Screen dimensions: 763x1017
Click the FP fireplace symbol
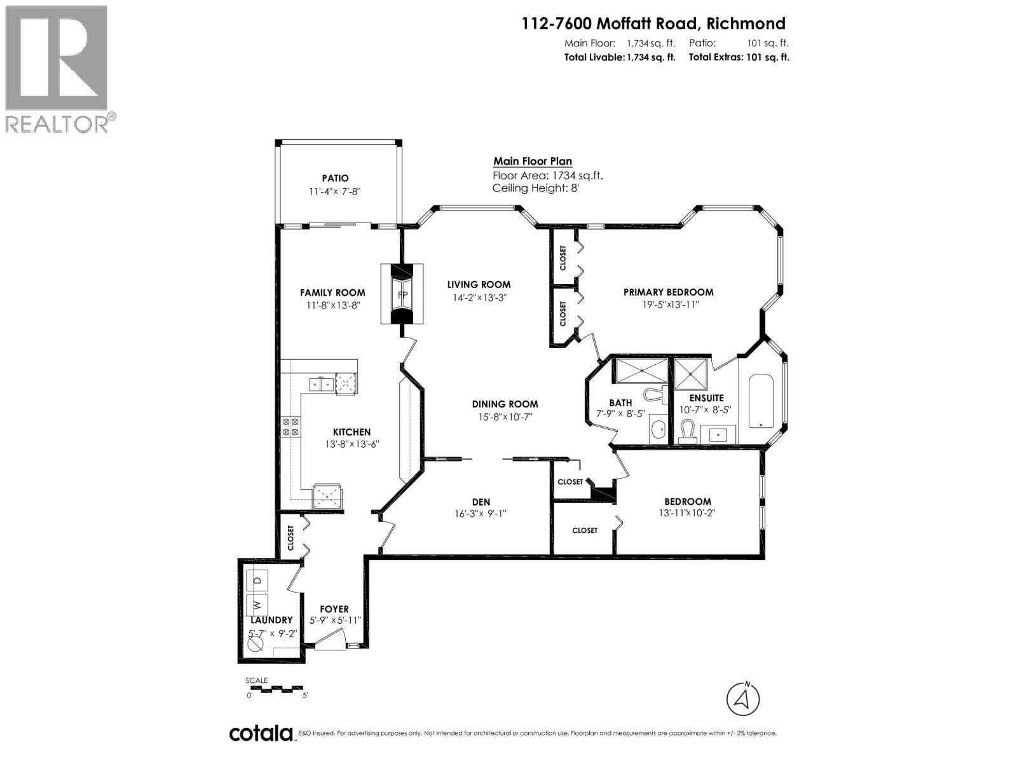(402, 295)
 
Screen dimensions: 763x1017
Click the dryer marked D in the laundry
(257, 580)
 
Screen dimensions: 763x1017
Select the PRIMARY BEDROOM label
(668, 292)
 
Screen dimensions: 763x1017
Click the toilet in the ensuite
(685, 433)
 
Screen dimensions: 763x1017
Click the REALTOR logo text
(57, 123)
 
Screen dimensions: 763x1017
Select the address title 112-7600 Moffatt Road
(653, 24)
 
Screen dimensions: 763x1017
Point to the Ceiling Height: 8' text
(536, 188)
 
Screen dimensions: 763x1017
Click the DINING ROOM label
(505, 404)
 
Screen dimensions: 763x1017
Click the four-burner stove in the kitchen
(291, 427)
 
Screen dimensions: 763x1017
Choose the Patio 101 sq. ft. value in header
(768, 43)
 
